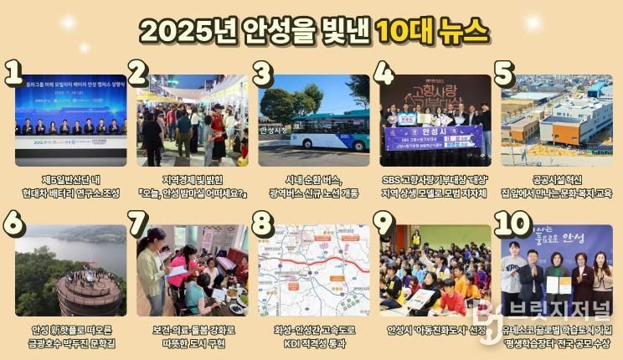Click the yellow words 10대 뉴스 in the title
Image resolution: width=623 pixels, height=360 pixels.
pos(430,31)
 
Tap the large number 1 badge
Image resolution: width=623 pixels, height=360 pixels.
pos(13,74)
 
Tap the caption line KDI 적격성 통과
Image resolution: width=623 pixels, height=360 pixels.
pos(313,342)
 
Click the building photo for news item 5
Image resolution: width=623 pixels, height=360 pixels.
pos(557,120)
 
